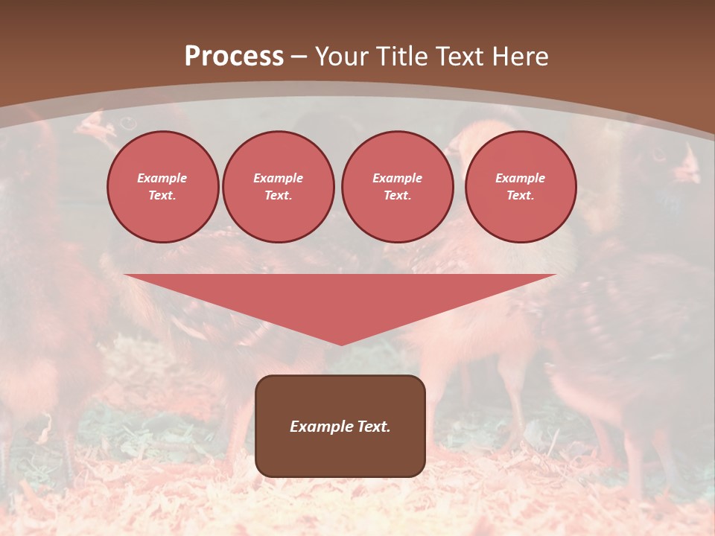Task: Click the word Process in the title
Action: (234, 57)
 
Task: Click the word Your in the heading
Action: (343, 57)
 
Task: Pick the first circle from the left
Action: (162, 187)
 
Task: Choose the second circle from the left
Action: (278, 187)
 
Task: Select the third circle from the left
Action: (397, 187)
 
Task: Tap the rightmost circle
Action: (521, 187)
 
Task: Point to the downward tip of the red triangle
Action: (341, 343)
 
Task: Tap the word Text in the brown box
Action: (372, 427)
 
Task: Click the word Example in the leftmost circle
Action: (162, 178)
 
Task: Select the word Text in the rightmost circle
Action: (521, 196)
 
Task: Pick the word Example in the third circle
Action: (397, 178)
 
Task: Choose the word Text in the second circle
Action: (278, 196)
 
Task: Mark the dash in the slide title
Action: (299, 57)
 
